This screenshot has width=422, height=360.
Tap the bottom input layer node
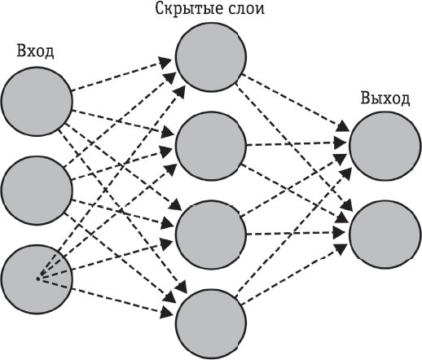click(x=36, y=279)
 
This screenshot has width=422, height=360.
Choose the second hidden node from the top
click(x=210, y=147)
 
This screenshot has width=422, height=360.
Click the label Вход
click(x=36, y=51)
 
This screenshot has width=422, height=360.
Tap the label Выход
click(x=385, y=99)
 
